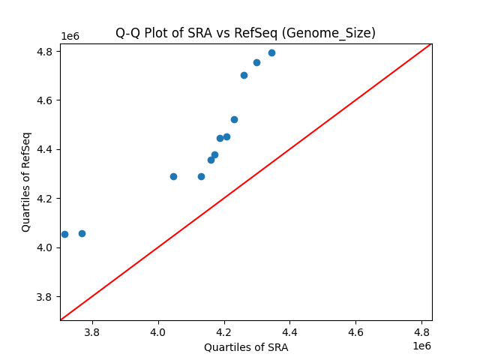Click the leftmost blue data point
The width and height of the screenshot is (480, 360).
[x=64, y=234]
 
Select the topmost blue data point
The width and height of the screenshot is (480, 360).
[x=271, y=52]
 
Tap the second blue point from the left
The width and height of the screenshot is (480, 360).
[x=82, y=233]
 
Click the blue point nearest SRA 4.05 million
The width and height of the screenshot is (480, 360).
[x=173, y=176]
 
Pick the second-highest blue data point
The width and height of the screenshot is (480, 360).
[x=256, y=62]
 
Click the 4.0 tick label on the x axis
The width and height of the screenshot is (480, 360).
[x=158, y=331]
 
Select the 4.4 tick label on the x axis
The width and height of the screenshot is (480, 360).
[x=290, y=331]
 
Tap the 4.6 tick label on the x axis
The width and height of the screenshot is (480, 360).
[x=356, y=331]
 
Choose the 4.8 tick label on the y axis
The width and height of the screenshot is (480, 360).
[x=45, y=52]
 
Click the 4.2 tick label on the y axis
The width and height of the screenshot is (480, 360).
[x=45, y=199]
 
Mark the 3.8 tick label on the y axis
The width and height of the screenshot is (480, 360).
[x=45, y=297]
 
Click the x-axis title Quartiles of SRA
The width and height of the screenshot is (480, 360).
[x=246, y=347]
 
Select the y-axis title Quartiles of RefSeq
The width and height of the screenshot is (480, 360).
[x=26, y=181]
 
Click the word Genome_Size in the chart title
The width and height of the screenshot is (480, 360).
[x=336, y=33]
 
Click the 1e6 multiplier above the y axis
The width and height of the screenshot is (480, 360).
[x=70, y=37]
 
